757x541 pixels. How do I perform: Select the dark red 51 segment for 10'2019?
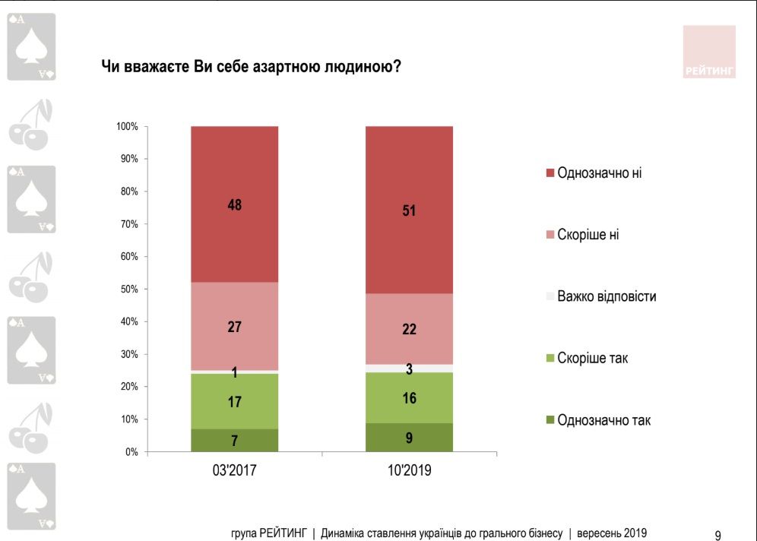(x=409, y=210)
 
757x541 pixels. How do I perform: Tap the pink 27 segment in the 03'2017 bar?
(x=234, y=327)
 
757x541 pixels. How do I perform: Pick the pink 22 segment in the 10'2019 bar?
(x=409, y=329)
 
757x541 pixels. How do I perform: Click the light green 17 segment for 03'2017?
(x=234, y=401)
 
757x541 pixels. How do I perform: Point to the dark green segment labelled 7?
(x=234, y=441)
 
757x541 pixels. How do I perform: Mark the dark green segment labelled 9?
(x=409, y=438)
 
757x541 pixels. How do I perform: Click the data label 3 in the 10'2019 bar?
(x=409, y=369)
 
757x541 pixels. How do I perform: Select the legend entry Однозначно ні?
(x=599, y=172)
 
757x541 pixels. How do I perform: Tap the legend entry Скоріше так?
(x=594, y=358)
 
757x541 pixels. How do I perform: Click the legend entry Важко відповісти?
(x=606, y=296)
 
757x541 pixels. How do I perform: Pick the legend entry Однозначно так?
(x=603, y=419)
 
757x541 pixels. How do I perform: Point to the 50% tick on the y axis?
(x=127, y=289)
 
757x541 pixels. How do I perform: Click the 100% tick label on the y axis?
(x=125, y=126)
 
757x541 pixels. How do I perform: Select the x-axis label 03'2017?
(x=234, y=471)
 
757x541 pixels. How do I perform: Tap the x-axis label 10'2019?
(x=409, y=471)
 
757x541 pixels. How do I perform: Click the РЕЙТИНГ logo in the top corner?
(x=708, y=52)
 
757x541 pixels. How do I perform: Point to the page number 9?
(x=717, y=534)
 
